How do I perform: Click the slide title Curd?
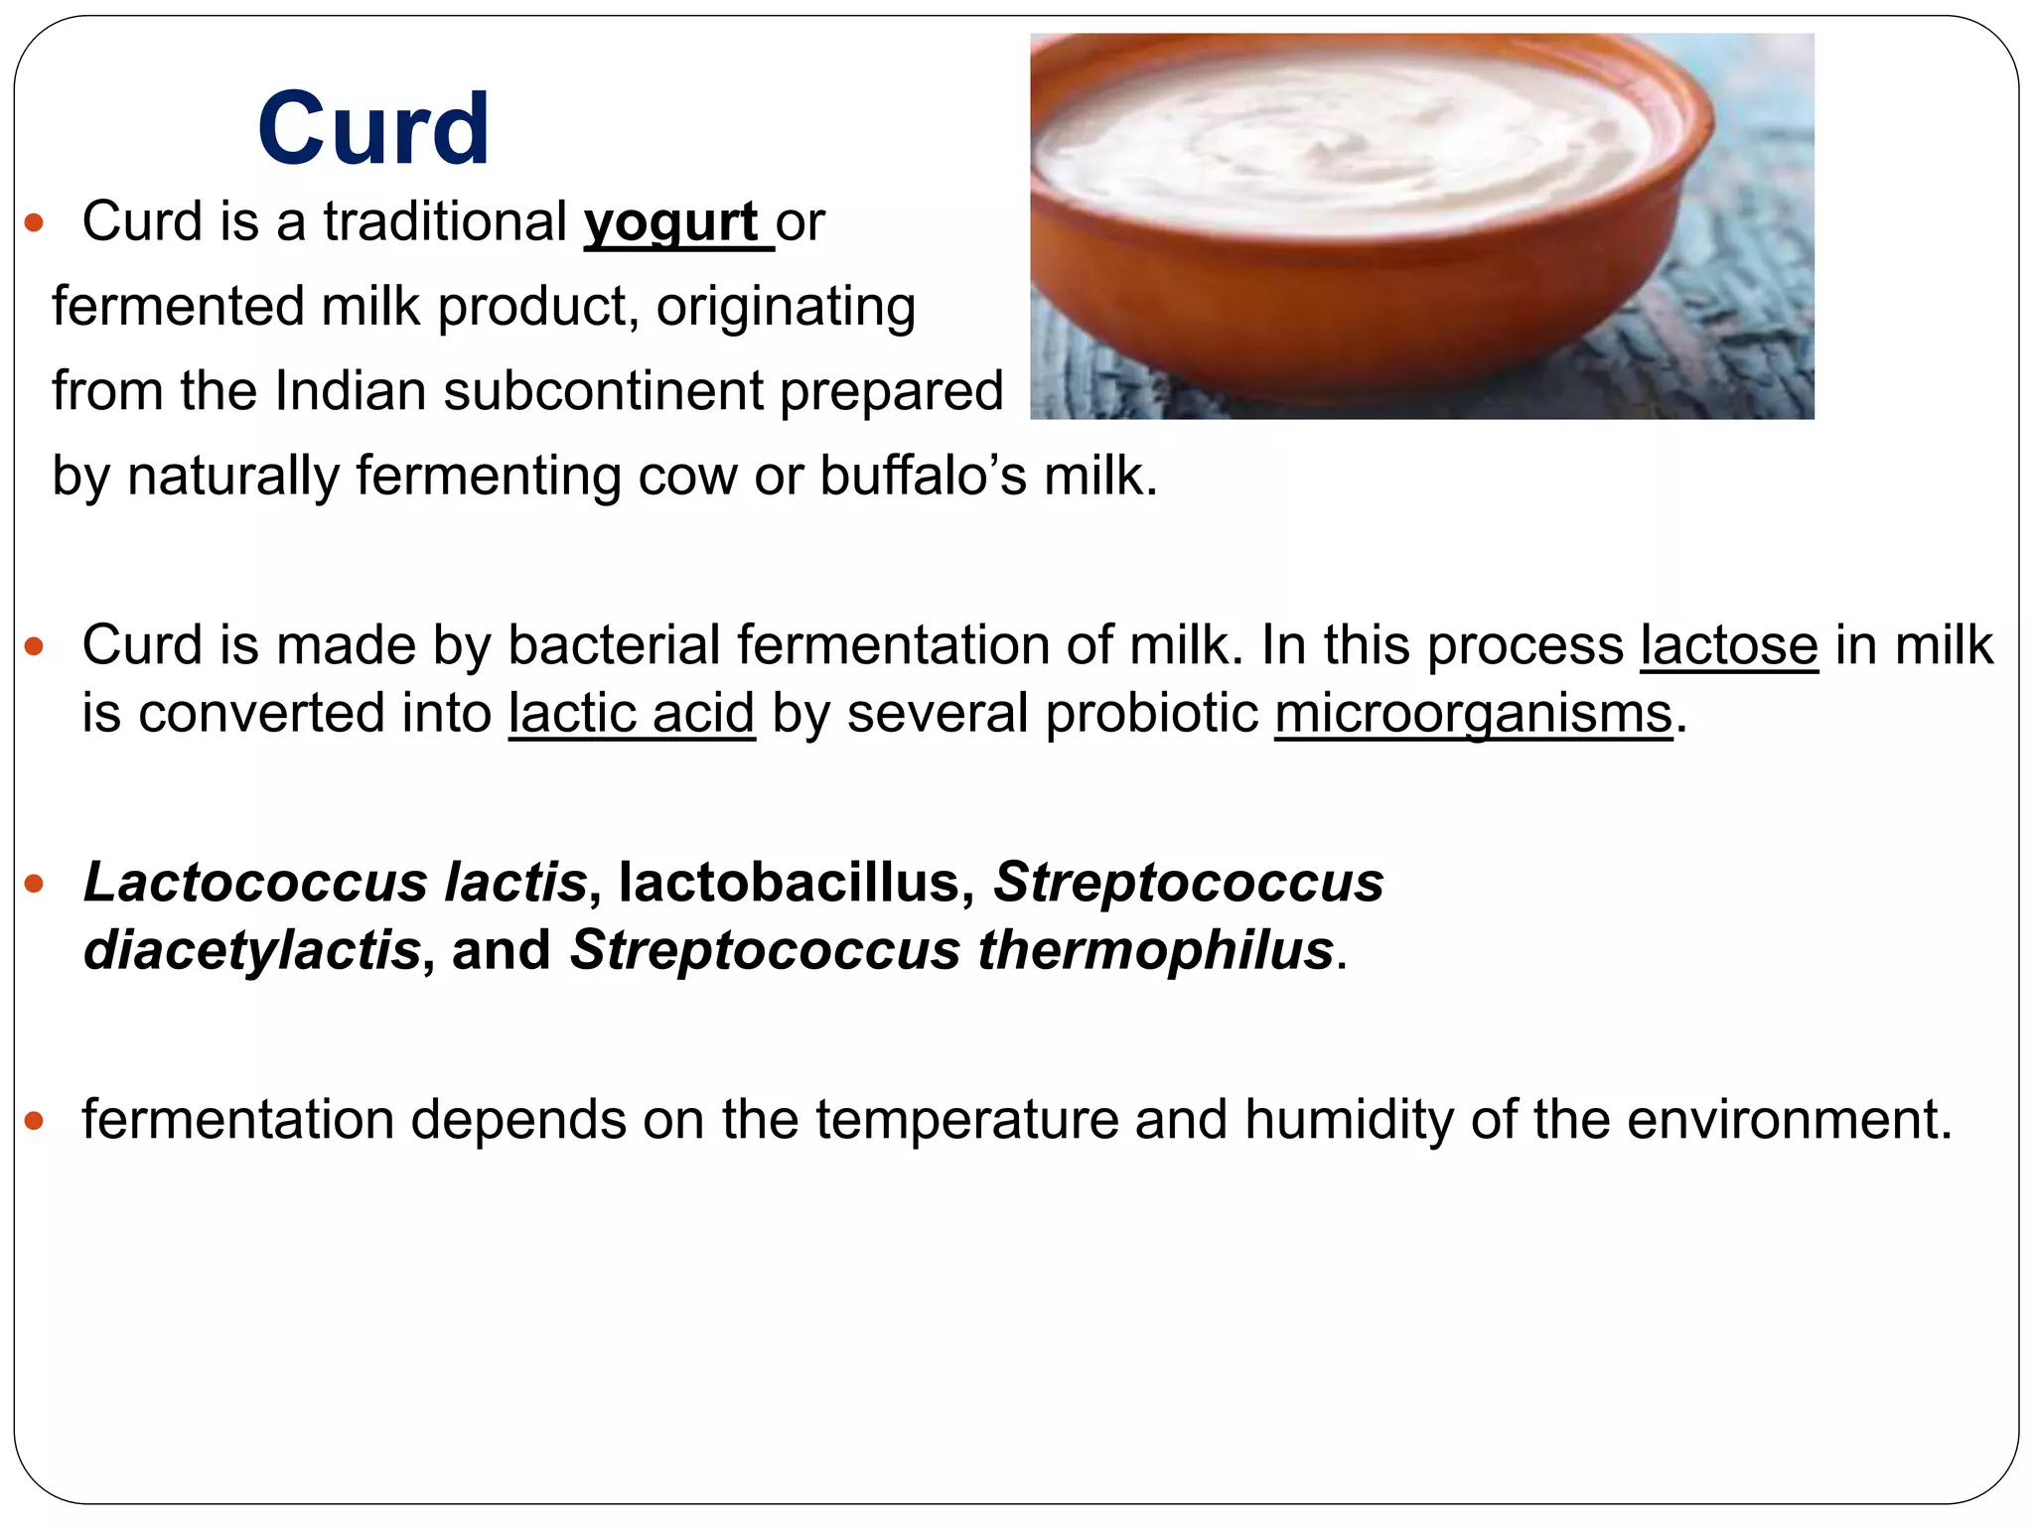[373, 129]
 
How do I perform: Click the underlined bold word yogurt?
[671, 222]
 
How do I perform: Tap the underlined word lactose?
[1728, 646]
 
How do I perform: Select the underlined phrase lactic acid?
[632, 714]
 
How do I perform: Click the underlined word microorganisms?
[1474, 714]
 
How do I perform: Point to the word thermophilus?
[1155, 950]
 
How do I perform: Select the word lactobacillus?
[789, 883]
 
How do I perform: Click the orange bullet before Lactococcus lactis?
[35, 884]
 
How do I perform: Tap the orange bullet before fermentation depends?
[35, 1122]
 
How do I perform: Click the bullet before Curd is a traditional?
[35, 223]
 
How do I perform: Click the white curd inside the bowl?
[1341, 149]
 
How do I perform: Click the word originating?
[786, 307]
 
